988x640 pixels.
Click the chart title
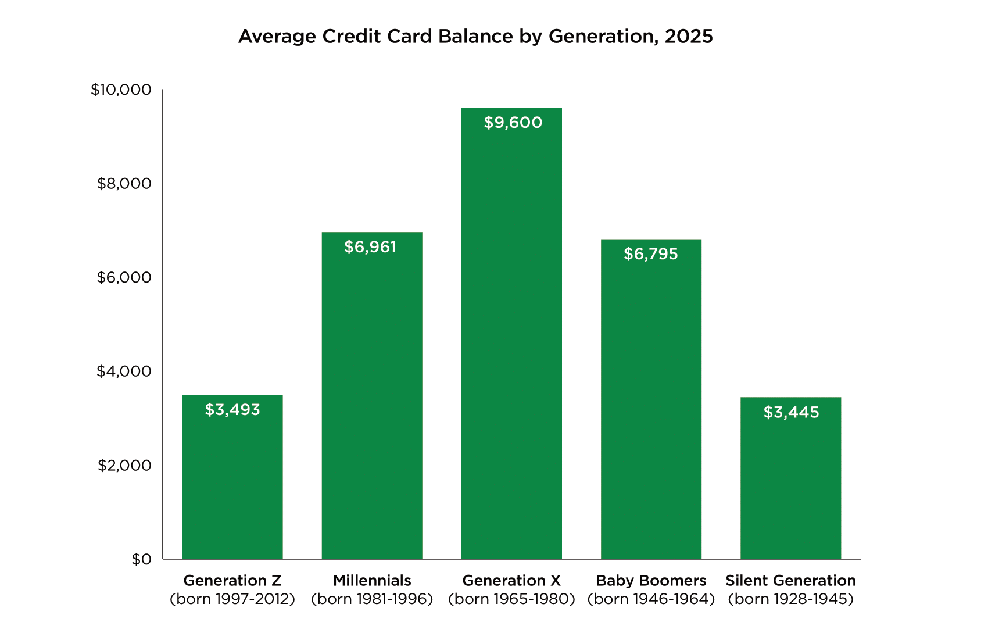(475, 37)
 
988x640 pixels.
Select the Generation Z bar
(232, 477)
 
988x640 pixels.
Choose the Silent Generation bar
(790, 482)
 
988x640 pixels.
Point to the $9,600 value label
(513, 123)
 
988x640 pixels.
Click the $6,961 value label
(370, 247)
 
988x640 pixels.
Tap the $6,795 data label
(651, 254)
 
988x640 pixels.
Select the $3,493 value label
(232, 410)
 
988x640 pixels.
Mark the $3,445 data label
(791, 412)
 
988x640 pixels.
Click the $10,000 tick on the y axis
(121, 90)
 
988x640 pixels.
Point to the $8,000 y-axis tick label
(124, 184)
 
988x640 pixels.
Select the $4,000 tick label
(124, 371)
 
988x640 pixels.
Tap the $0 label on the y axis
(141, 559)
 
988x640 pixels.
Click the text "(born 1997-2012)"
(232, 599)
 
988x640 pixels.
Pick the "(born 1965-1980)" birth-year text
(511, 599)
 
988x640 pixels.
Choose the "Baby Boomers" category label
(651, 581)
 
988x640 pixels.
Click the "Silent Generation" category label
(790, 581)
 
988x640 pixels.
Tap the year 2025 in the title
(689, 37)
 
